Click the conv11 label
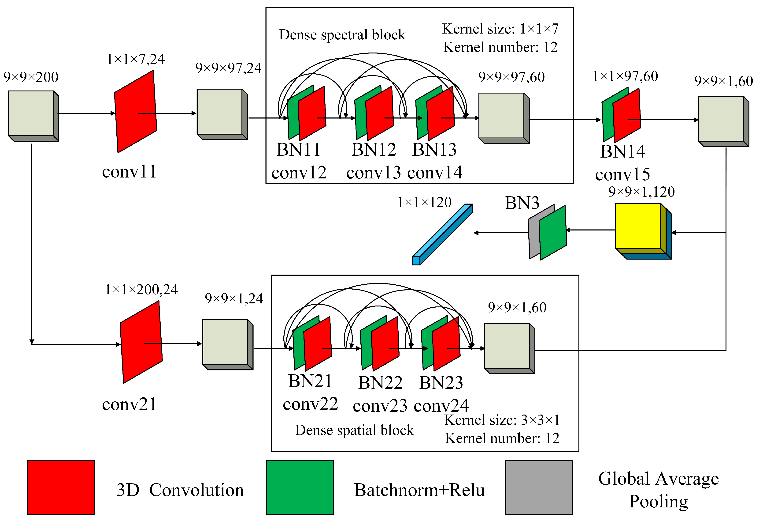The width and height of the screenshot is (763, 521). pyautogui.click(x=129, y=172)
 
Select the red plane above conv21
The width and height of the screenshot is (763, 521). pyautogui.click(x=141, y=342)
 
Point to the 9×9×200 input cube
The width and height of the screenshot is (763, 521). pyautogui.click(x=31, y=114)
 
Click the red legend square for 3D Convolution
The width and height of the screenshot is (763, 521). pyautogui.click(x=61, y=487)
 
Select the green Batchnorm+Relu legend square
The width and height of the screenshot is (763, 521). pyautogui.click(x=300, y=487)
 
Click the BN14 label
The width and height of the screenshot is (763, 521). pyautogui.click(x=622, y=151)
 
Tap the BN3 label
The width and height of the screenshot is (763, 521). pyautogui.click(x=522, y=203)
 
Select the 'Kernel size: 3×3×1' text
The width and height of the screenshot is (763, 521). pyautogui.click(x=502, y=420)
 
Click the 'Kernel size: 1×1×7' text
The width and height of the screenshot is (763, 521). pyautogui.click(x=500, y=29)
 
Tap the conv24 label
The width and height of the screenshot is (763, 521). pyautogui.click(x=441, y=406)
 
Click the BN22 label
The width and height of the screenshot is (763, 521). pyautogui.click(x=380, y=383)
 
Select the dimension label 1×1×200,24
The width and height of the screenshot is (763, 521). pyautogui.click(x=141, y=290)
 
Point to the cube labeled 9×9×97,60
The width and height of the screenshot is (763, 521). pyautogui.click(x=501, y=116)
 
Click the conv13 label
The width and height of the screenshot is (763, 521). pyautogui.click(x=373, y=173)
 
